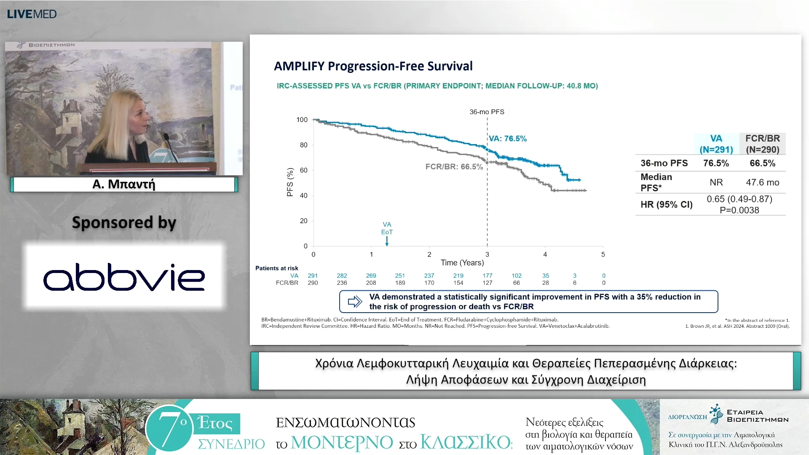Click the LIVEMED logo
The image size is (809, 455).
click(x=32, y=14)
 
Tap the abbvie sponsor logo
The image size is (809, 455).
click(x=124, y=277)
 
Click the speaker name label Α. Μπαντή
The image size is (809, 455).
click(x=124, y=184)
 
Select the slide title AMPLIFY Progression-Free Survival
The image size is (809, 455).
click(x=373, y=66)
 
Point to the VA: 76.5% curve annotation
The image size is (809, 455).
click(x=508, y=139)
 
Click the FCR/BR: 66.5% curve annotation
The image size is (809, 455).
click(x=454, y=167)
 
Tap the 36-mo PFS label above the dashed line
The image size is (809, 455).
click(x=487, y=112)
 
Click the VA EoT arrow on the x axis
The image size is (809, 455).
click(x=387, y=241)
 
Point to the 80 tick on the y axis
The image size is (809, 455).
click(x=303, y=145)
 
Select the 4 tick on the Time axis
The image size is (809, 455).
click(x=545, y=254)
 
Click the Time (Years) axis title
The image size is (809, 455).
click(x=462, y=263)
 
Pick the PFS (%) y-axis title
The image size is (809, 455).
click(x=290, y=182)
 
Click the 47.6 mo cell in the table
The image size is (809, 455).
click(x=763, y=182)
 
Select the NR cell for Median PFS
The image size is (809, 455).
click(x=716, y=182)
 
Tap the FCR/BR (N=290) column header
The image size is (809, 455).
click(x=763, y=144)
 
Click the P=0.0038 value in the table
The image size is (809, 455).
click(x=739, y=210)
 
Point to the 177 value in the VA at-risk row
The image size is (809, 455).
click(x=488, y=276)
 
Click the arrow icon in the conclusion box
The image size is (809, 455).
click(x=355, y=302)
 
